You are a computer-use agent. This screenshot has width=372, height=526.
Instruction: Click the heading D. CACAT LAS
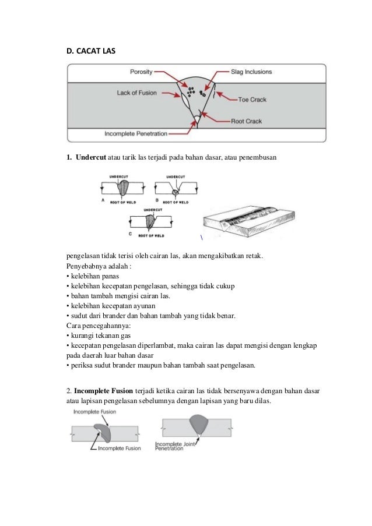[91, 51]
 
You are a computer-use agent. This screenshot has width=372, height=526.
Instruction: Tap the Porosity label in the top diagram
[141, 72]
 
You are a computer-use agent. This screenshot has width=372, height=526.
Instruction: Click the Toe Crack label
[252, 100]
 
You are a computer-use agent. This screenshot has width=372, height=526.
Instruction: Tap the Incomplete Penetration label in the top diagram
[135, 133]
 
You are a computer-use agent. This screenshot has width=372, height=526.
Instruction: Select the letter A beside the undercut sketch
[103, 199]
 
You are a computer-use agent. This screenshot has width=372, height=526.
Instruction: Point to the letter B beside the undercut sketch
[156, 199]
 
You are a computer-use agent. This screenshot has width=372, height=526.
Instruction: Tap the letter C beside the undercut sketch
[130, 234]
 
